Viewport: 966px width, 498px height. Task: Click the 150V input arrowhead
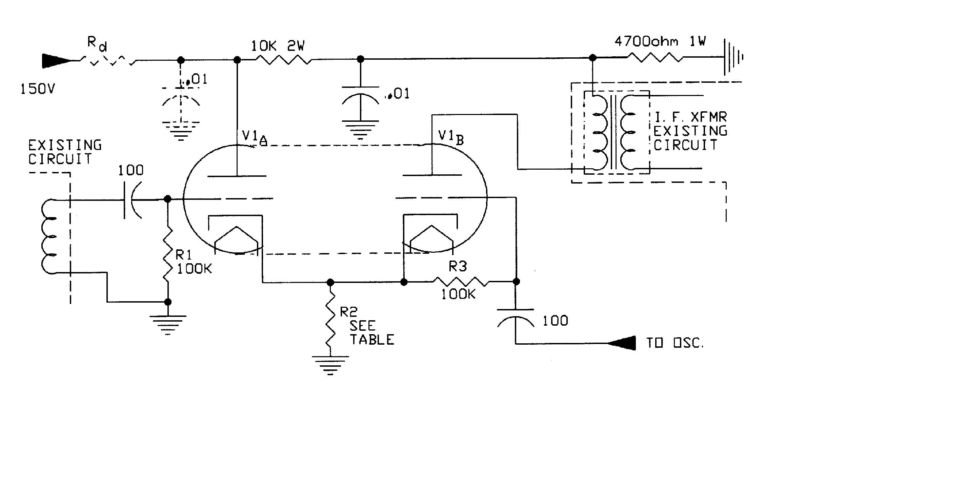[56, 61]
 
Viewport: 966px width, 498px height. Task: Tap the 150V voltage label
[38, 89]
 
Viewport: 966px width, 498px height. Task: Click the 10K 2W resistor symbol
[283, 59]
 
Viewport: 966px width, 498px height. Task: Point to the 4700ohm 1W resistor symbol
[655, 57]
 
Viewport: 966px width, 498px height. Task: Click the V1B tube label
[450, 137]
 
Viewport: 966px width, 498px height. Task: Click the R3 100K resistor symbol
[461, 282]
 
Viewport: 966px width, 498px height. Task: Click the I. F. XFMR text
[690, 117]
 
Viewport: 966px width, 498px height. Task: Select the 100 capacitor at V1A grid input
[131, 200]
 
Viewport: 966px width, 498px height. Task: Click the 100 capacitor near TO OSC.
[516, 317]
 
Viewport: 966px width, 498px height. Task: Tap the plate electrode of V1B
[432, 175]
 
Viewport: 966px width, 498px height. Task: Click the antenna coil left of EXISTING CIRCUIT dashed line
[49, 236]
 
